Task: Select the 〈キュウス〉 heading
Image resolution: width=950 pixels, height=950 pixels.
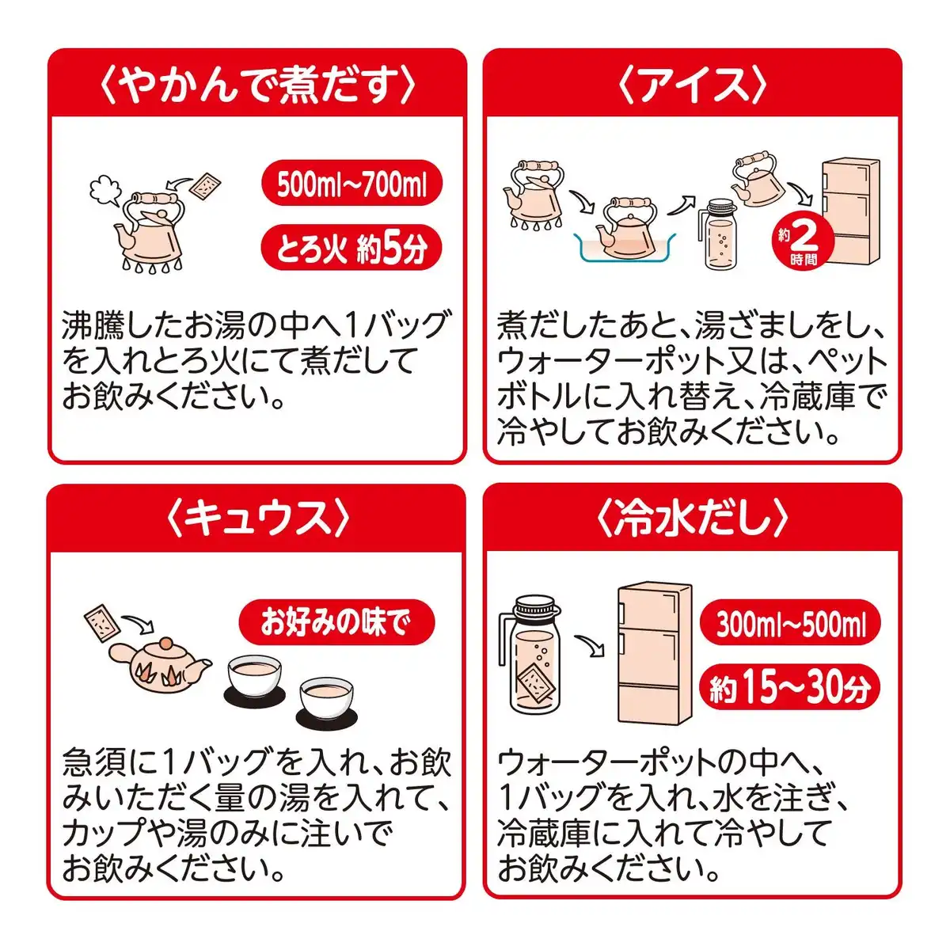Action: [x=257, y=519]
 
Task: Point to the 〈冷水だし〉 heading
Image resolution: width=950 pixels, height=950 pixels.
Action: [x=692, y=519]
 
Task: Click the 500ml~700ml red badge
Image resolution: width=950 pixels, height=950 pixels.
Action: [x=351, y=184]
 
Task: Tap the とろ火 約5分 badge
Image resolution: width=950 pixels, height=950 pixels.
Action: [x=351, y=248]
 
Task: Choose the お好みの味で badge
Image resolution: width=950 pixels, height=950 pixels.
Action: [x=336, y=622]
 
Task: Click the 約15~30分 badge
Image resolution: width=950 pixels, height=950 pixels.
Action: [x=790, y=688]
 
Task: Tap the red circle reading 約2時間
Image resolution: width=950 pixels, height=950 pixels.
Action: [x=803, y=241]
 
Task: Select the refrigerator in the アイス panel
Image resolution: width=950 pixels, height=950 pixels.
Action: [x=850, y=211]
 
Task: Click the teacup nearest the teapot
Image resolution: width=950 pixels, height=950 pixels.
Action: [x=254, y=674]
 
